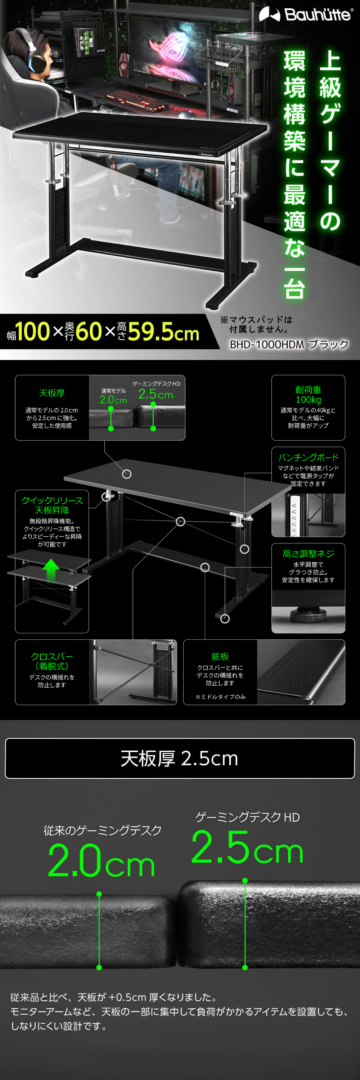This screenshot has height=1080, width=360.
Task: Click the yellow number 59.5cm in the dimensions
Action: [163, 332]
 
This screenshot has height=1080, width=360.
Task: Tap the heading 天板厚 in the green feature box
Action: [51, 393]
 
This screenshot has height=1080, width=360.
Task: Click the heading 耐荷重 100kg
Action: [308, 395]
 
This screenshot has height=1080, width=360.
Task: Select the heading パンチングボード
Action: [308, 457]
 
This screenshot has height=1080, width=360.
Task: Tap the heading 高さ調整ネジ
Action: [308, 553]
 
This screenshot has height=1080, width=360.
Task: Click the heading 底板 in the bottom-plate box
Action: [220, 656]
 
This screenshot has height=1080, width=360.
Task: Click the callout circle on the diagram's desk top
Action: [127, 474]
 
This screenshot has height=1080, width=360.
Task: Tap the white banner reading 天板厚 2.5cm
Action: [180, 759]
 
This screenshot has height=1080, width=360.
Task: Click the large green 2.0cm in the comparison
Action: [101, 861]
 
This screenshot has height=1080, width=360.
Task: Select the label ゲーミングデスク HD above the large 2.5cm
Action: [247, 817]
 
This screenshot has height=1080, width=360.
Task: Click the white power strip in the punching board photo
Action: [294, 515]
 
